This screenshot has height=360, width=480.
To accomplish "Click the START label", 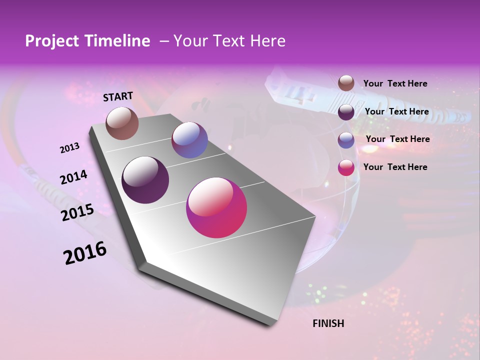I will tap(118, 96).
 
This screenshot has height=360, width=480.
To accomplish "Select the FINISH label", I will tap(328, 323).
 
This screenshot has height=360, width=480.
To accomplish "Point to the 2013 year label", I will tap(69, 148).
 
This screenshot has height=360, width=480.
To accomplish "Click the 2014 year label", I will tap(73, 177).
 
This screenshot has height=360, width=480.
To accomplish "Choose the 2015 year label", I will tap(77, 212).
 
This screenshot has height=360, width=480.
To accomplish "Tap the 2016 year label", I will tap(85, 253).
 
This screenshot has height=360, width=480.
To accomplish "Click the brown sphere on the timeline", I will tap(122, 123).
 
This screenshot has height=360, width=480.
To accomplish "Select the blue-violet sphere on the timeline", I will tap(189, 140).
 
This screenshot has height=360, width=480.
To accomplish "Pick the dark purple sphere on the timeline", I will tap(145, 180).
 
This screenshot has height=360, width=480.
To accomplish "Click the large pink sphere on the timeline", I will tap(216, 207).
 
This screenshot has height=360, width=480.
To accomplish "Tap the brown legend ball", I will tap(346, 83).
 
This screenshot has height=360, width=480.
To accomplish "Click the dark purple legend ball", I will tap(346, 112).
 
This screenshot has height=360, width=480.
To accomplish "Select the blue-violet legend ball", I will tap(346, 140).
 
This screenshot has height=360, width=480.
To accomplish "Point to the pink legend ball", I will tap(346, 167).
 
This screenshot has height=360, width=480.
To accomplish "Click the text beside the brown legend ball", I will tap(395, 83).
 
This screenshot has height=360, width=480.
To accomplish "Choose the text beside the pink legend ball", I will tap(395, 167).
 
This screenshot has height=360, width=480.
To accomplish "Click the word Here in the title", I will tap(268, 41).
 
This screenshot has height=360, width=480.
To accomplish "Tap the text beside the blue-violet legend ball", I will tap(397, 139).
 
